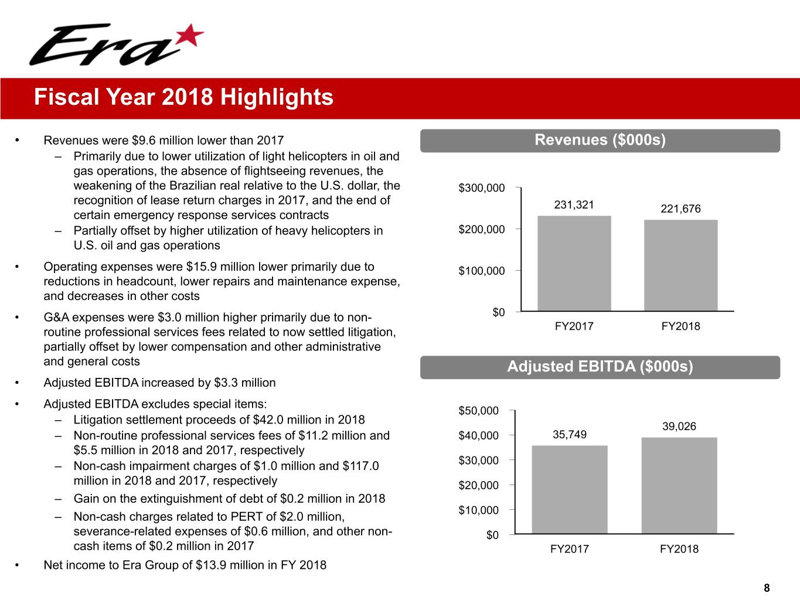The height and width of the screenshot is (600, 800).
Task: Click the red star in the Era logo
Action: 190,36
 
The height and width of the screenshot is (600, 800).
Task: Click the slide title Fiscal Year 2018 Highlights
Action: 183,97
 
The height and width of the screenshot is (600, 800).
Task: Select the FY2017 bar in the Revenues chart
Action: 574,263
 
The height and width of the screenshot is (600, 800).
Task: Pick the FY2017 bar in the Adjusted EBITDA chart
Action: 569,489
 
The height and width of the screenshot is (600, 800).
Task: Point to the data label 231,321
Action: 574,204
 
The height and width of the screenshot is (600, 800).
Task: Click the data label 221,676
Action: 680,209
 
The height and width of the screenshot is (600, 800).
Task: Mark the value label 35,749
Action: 569,434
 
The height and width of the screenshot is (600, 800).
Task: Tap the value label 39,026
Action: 679,427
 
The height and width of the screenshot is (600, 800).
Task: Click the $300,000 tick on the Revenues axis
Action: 481,188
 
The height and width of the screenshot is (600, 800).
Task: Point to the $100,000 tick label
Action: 481,271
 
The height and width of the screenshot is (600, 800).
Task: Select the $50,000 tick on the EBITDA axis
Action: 478,411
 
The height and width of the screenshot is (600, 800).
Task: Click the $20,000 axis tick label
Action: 478,485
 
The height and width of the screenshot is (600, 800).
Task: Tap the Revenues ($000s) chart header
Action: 600,140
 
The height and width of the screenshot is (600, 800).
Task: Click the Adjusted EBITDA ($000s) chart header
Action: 600,367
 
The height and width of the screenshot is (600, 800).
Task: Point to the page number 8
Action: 767,588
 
